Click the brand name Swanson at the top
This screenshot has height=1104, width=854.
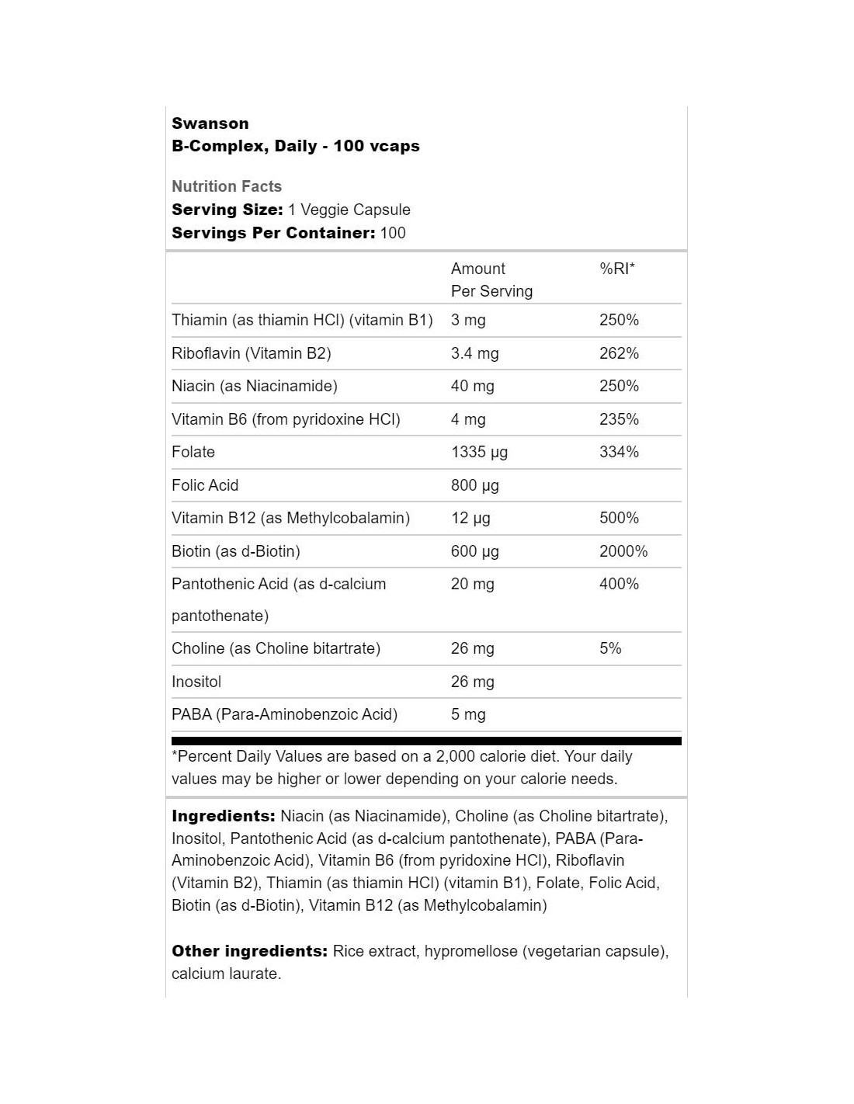point(210,123)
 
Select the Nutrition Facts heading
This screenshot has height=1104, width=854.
point(227,186)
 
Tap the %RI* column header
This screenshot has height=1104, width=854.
point(617,269)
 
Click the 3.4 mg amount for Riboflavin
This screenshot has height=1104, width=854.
point(474,353)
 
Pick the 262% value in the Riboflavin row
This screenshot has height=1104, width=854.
point(619,353)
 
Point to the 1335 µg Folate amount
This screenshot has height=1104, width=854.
point(479,452)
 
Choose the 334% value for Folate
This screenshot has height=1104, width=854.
point(619,452)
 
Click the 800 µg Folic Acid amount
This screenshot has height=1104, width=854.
point(474,485)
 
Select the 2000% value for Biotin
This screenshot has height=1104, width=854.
point(623,551)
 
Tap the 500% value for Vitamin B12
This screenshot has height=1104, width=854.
point(619,518)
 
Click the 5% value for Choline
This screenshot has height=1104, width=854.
point(610,648)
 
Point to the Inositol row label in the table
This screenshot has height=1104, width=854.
point(196,682)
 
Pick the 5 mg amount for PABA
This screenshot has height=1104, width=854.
point(468,714)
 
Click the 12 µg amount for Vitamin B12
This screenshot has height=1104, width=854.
point(470,518)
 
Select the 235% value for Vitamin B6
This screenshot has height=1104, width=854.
point(619,419)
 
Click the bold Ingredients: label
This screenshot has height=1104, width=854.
point(224,816)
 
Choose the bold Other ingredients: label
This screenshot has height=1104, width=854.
point(249,951)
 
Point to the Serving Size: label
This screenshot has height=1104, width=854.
point(227,210)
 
